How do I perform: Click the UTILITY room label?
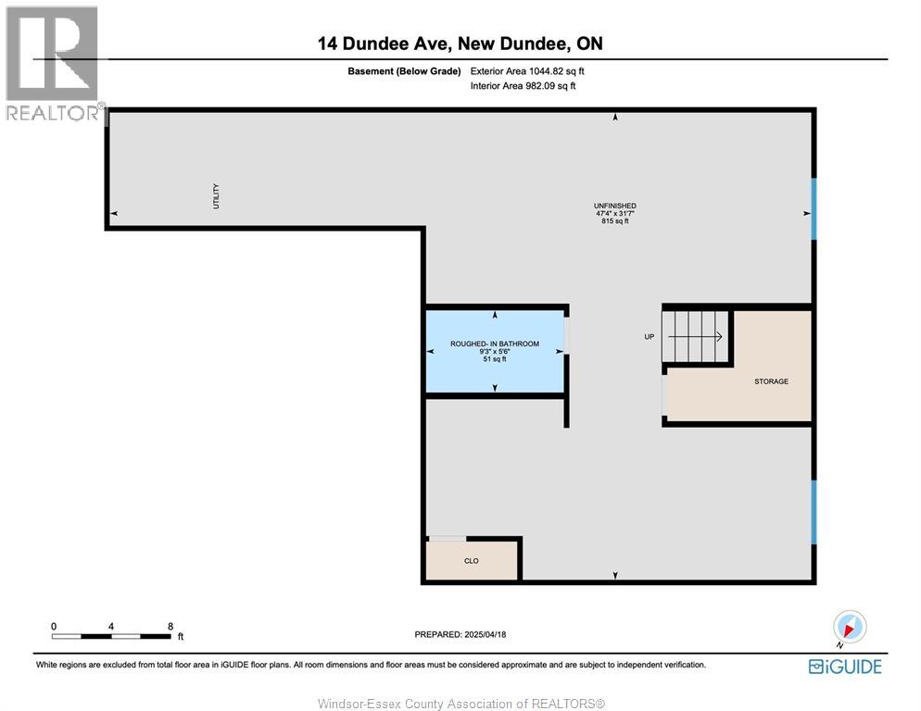(x=216, y=196)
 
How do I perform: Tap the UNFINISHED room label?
(x=615, y=206)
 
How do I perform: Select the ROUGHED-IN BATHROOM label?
(x=495, y=344)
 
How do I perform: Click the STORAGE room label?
(x=771, y=381)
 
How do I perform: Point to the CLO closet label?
(x=471, y=561)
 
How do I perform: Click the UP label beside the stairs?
(x=649, y=337)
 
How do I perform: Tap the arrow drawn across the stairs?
(x=696, y=336)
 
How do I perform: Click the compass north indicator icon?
(x=850, y=627)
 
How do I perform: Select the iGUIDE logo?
(x=845, y=667)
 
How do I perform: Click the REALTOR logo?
(x=53, y=63)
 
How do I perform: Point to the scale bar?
(x=111, y=636)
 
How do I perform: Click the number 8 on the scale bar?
(x=170, y=627)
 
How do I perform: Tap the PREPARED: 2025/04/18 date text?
(x=460, y=635)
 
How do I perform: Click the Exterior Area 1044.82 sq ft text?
(x=527, y=71)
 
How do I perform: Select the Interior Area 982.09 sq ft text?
(x=523, y=86)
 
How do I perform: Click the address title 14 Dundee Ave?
(x=385, y=44)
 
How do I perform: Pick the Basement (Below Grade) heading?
(x=404, y=71)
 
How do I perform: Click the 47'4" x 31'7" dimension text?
(x=615, y=214)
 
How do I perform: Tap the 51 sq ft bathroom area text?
(x=495, y=359)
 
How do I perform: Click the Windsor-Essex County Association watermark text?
(x=461, y=704)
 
